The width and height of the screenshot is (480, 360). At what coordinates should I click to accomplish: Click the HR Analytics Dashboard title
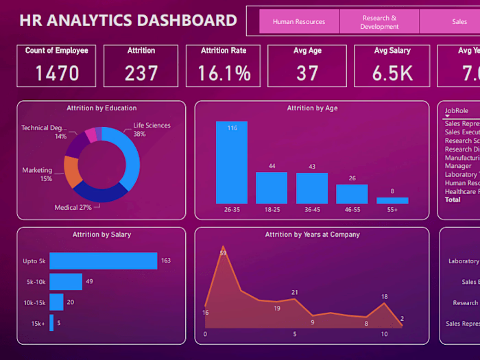(128, 20)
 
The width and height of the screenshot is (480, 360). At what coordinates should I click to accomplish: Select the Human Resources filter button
(298, 22)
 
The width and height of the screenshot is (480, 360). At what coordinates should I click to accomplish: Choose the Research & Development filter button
(379, 22)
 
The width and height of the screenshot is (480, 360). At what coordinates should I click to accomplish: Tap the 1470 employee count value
(57, 73)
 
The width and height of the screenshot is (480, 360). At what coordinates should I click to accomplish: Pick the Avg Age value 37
(307, 73)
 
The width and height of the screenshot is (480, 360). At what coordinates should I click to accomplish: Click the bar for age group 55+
(392, 200)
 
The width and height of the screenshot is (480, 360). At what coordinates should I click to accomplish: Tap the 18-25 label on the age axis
(272, 210)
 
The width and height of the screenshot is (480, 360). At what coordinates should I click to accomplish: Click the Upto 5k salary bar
(104, 261)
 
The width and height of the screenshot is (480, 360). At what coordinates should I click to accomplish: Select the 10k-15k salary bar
(57, 302)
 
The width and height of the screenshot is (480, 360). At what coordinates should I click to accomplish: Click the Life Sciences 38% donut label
(152, 130)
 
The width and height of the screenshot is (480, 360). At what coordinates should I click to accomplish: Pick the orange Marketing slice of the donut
(71, 172)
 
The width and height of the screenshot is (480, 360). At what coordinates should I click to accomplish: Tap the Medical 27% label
(73, 207)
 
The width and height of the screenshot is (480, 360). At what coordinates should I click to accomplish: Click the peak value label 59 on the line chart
(223, 253)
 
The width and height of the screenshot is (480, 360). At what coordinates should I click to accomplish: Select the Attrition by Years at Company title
(312, 235)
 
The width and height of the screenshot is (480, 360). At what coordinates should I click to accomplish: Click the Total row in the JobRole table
(453, 200)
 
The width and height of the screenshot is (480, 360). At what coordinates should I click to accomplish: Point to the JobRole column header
(458, 110)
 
